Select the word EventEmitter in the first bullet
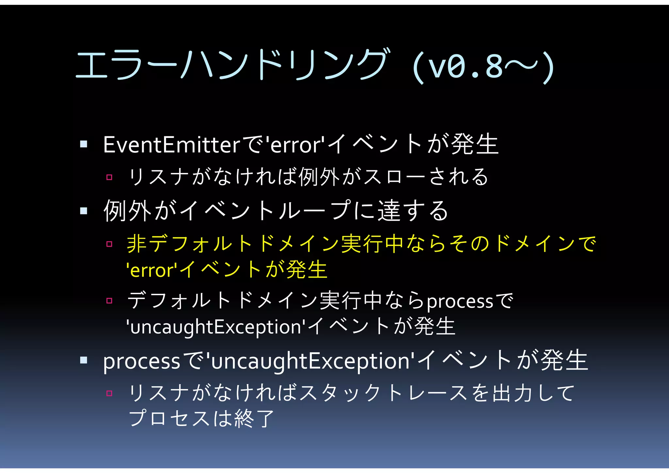172,145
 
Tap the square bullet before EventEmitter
84,144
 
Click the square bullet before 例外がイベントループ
84,211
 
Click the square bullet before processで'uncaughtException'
84,360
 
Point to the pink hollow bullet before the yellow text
109,244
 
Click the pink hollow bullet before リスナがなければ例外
109,177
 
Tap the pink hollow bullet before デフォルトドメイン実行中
109,300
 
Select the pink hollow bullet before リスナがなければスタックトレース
109,393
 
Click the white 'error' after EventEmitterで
296,145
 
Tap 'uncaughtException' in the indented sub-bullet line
216,327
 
